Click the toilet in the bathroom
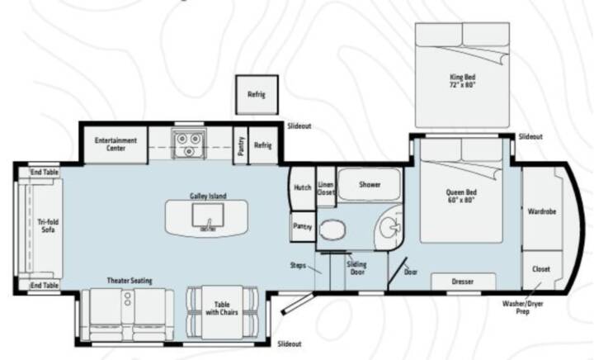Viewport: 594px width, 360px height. click(332, 230)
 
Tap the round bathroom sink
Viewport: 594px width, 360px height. click(389, 228)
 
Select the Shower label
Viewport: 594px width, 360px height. click(370, 185)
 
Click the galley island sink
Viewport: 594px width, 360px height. click(208, 216)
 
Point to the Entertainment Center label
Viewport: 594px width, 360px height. click(115, 144)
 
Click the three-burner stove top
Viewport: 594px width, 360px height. click(189, 144)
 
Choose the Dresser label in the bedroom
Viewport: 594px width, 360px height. click(463, 282)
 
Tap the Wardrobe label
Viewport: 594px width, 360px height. click(542, 211)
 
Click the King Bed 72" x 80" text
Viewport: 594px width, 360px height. click(462, 81)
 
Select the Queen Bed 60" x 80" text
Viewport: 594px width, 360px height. click(461, 196)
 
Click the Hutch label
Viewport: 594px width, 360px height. click(302, 187)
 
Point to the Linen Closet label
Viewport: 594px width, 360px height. click(326, 188)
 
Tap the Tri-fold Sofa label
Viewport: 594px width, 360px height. click(48, 226)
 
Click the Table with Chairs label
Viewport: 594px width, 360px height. click(222, 309)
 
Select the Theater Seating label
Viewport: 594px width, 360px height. click(130, 281)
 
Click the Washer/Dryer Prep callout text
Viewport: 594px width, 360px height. click(523, 307)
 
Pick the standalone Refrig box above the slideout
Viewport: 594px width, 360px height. click(257, 95)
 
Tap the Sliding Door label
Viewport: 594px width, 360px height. click(356, 268)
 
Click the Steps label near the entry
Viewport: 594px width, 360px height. click(298, 265)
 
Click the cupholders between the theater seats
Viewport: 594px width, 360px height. click(128, 299)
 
